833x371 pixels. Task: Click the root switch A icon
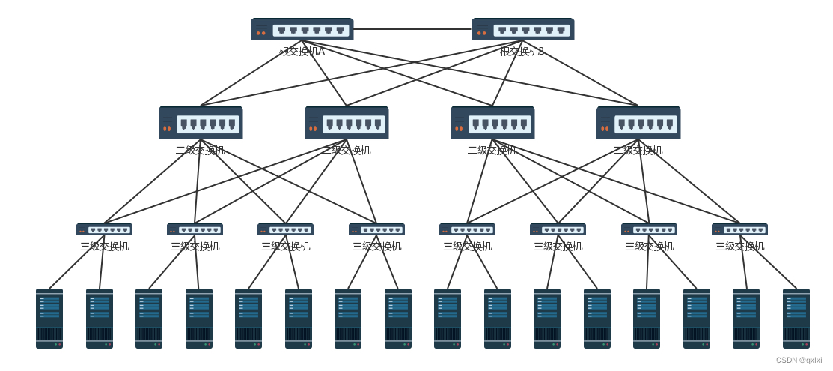302,29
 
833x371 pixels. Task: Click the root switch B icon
522,29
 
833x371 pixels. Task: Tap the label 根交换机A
302,52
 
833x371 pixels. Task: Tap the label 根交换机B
522,52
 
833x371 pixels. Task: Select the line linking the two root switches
412,29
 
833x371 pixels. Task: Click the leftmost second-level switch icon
201,123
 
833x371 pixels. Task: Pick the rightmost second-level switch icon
638,123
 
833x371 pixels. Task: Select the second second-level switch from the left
347,123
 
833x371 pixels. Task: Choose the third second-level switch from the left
492,123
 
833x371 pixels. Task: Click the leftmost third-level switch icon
104,229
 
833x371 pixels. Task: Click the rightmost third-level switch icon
739,229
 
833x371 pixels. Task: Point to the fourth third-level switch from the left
376,229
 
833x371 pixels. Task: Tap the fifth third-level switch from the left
467,229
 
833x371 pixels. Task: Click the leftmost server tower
49,319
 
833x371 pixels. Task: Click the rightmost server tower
796,319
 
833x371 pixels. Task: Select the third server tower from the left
149,319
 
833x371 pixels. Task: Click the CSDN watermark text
799,361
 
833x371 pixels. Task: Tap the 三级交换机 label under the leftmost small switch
104,246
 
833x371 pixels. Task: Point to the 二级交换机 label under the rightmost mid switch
638,150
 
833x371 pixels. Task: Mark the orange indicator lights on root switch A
260,33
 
